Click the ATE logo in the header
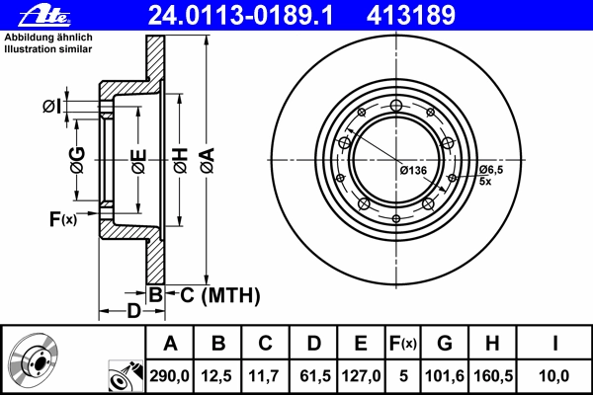tap(44, 16)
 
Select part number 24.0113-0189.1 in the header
tap(240, 16)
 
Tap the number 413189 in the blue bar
tap(411, 16)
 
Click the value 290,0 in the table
tap(169, 376)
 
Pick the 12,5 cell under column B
tap(217, 376)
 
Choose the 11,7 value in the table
tap(264, 376)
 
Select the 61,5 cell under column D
tap(315, 376)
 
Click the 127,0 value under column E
tap(361, 376)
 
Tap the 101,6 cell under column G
tap(445, 376)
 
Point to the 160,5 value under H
tap(493, 376)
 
